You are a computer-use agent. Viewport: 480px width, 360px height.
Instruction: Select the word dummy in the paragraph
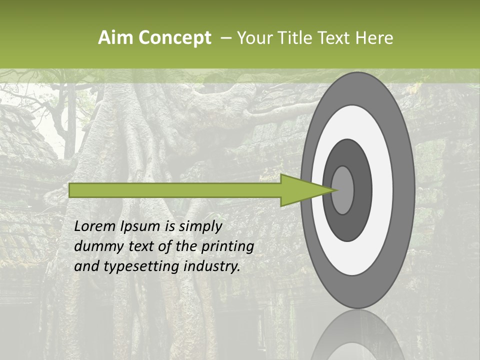coord(93,246)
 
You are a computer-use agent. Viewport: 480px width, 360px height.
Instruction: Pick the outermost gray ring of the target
coord(406,190)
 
